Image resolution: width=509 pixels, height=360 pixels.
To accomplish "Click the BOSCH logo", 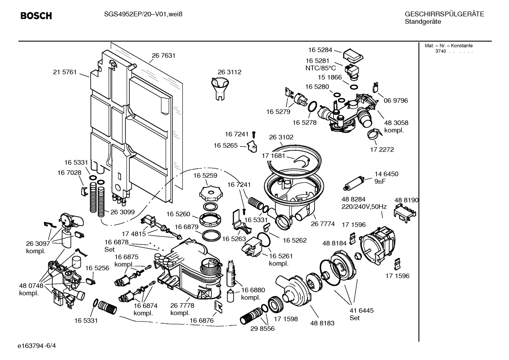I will tap(36, 16).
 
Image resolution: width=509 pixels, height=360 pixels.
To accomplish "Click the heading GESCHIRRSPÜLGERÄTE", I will tap(444, 14).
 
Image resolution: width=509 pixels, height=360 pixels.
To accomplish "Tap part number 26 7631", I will tap(163, 55).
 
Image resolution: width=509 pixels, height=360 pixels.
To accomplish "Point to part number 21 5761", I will tap(65, 72).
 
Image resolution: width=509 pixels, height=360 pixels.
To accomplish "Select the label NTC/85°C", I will tap(321, 68).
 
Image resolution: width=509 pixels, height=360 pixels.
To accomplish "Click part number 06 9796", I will tap(396, 101).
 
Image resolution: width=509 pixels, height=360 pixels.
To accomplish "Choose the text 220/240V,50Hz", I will tap(364, 207).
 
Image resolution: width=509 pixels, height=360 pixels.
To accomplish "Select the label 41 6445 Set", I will tap(361, 314).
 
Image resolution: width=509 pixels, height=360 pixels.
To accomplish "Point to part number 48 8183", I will tap(322, 323).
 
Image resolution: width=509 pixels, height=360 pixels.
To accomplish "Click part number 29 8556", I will tap(262, 328).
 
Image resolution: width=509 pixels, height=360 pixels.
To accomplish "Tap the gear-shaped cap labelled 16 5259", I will tap(210, 193).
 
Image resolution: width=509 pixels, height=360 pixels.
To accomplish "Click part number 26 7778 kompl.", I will tap(182, 309).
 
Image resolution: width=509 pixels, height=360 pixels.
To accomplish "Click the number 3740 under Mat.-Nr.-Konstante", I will tap(440, 51).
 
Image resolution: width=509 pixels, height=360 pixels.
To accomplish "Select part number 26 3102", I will tap(281, 137).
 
